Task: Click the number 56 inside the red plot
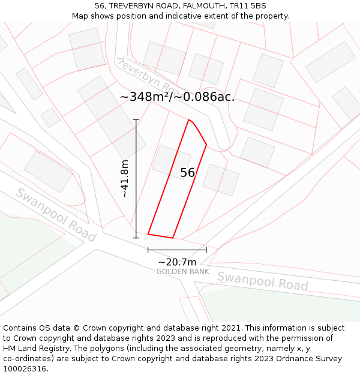click(187, 173)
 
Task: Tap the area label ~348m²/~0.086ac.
click(177, 97)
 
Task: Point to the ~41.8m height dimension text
click(124, 179)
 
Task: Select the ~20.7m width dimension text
click(177, 262)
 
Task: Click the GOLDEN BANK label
click(182, 272)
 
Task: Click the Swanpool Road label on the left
click(55, 214)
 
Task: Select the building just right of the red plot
click(221, 180)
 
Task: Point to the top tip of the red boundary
click(189, 120)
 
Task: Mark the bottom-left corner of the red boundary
click(148, 234)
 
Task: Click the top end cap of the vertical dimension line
click(136, 120)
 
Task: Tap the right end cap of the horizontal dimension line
click(206, 250)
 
